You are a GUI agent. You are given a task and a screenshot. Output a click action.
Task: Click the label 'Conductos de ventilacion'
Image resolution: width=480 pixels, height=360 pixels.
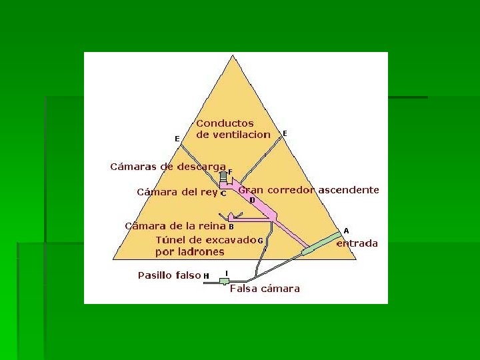click(233, 129)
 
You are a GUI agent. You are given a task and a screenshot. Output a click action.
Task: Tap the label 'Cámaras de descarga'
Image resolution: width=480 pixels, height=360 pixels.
click(167, 167)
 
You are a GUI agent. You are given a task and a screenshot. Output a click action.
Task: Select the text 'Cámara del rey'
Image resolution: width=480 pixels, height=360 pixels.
click(177, 192)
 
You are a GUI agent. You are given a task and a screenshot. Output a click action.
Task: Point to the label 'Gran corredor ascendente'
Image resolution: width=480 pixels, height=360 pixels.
click(309, 190)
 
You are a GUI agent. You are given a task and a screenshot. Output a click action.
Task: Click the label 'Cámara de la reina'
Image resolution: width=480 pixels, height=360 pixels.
click(175, 226)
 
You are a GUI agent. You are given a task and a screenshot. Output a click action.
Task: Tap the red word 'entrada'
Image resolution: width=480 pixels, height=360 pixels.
click(357, 243)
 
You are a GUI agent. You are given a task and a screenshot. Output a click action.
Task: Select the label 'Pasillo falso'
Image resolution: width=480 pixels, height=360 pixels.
click(169, 275)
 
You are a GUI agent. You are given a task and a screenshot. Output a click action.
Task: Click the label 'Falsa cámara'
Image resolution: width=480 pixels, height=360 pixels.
click(265, 289)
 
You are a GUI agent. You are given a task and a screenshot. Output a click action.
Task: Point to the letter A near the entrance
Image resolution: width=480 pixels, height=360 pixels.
click(346, 231)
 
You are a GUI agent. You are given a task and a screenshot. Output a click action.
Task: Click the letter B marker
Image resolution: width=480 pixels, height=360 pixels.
click(231, 226)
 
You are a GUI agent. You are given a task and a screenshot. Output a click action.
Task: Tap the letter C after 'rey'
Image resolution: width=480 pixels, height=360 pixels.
click(223, 193)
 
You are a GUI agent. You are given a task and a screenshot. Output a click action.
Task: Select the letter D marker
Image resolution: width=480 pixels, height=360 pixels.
click(252, 200)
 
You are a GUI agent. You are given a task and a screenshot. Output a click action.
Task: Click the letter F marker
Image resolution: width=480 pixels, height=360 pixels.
click(230, 171)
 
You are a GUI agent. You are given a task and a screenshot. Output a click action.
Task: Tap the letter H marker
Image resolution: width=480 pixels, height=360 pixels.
click(206, 275)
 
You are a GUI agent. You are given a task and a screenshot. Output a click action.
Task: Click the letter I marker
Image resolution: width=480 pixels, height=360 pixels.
click(227, 272)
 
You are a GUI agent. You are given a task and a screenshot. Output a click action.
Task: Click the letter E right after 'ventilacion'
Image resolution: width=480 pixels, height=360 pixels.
click(285, 133)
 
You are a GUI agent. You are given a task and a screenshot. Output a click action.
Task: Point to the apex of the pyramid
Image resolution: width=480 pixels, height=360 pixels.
click(233, 57)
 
